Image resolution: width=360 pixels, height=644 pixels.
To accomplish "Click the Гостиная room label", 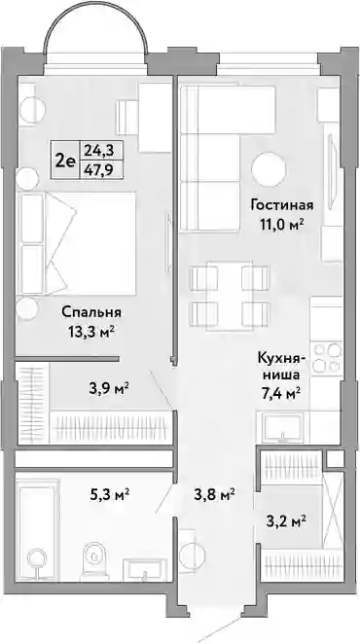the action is click(x=282, y=204).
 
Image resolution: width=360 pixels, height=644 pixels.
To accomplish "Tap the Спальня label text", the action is click(x=91, y=312).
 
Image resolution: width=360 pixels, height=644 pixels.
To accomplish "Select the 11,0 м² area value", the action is click(x=282, y=225).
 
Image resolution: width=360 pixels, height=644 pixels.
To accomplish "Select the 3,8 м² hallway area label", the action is click(x=214, y=494).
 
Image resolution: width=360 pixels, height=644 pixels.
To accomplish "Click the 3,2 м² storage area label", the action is click(x=285, y=522).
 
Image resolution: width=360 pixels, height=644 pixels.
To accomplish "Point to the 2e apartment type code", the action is click(x=65, y=161).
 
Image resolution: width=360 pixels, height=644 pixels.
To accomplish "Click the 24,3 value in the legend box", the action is click(x=99, y=151).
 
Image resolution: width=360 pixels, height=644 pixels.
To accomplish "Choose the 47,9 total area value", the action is click(x=99, y=169).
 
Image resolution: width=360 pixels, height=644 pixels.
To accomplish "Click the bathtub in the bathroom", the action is click(x=37, y=529).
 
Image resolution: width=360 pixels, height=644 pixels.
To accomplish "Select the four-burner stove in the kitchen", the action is click(x=327, y=358).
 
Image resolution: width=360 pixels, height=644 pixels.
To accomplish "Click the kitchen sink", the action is click(x=282, y=427).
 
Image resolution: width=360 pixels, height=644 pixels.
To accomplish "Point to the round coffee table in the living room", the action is click(x=270, y=169).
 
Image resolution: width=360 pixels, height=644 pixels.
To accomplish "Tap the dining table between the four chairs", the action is click(x=230, y=296).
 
